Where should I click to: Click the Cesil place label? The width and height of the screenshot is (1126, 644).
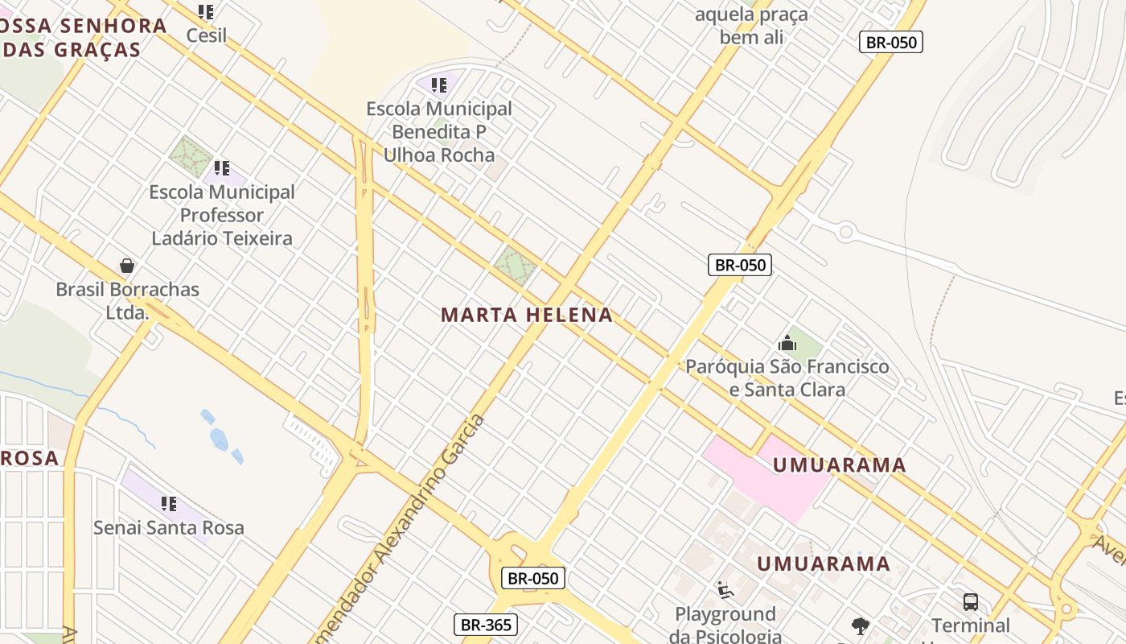point(206,35)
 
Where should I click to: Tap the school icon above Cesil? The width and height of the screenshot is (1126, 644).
point(206,12)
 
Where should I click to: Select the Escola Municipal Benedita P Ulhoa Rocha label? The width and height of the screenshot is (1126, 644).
point(439,131)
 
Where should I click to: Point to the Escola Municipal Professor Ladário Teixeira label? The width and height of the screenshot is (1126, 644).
point(222,215)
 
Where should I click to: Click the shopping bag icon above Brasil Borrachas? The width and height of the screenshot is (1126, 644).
point(127,266)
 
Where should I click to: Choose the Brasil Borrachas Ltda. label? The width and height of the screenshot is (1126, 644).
point(127,300)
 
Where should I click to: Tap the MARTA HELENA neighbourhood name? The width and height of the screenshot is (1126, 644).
point(527,315)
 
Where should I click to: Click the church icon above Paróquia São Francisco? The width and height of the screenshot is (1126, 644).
point(787,344)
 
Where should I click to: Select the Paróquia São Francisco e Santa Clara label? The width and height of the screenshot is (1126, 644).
point(787,378)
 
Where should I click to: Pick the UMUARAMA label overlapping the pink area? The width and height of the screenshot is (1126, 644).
point(839,465)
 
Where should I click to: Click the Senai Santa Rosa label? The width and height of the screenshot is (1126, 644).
point(169,528)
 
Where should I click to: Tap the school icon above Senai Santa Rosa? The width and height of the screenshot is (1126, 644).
point(169,504)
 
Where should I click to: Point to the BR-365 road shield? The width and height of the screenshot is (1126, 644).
point(486,625)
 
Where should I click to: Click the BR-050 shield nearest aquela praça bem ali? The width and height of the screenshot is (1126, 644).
point(890,42)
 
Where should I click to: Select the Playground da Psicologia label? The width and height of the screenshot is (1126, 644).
point(725,625)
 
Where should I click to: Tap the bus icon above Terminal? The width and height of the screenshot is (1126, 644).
point(971,601)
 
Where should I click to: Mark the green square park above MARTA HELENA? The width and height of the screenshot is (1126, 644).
point(515,266)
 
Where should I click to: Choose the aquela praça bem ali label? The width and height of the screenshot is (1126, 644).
point(751,26)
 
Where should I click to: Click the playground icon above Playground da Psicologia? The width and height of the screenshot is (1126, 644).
point(725,591)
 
